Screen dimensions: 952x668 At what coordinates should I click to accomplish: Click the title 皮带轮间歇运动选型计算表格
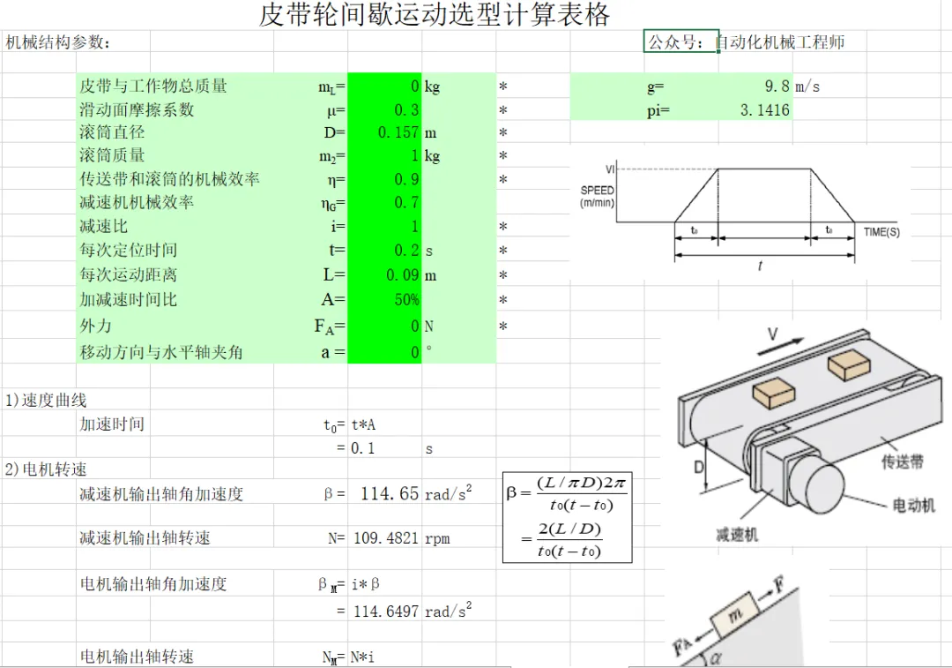point(434,14)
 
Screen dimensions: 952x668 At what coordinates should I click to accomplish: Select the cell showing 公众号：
point(681,41)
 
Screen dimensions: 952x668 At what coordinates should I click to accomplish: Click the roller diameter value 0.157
point(398,131)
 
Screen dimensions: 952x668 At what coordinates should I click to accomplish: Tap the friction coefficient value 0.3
point(406,109)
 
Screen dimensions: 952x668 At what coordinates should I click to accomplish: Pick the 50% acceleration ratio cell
point(406,299)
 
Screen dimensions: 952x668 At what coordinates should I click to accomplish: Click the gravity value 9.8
point(777,86)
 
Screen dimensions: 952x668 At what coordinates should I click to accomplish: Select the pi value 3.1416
point(765,110)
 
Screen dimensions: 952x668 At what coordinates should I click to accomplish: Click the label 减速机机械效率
point(137,202)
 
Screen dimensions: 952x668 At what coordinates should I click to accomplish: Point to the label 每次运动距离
point(128,274)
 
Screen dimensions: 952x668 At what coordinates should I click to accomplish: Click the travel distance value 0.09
point(403,274)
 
